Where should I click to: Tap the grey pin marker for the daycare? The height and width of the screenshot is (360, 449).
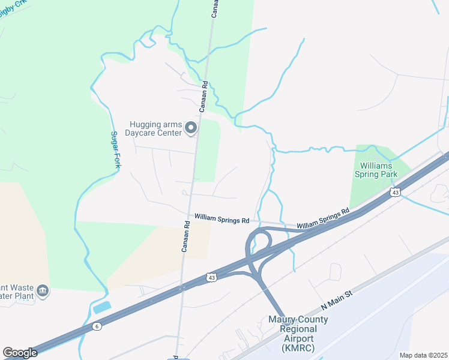click(191, 127)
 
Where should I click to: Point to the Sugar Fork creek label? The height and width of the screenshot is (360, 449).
click(115, 149)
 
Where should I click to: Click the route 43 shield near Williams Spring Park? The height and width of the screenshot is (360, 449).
click(394, 192)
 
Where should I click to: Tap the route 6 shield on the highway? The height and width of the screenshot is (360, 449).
click(97, 326)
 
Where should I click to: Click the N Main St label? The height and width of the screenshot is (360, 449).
click(339, 298)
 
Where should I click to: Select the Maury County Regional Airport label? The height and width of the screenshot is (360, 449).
click(298, 334)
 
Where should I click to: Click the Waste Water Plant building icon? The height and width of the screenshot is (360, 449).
click(43, 292)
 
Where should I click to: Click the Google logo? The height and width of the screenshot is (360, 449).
click(20, 353)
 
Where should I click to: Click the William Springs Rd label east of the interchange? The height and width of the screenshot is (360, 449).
click(323, 218)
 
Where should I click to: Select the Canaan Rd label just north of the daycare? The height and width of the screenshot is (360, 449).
click(204, 96)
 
